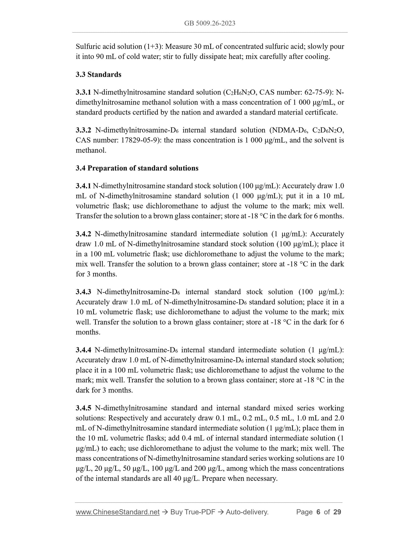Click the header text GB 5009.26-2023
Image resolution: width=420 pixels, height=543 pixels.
click(x=210, y=23)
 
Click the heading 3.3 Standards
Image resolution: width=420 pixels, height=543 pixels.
click(x=99, y=75)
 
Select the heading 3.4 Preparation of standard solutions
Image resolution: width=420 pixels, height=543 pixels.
click(x=137, y=168)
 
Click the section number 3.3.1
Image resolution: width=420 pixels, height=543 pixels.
click(x=83, y=92)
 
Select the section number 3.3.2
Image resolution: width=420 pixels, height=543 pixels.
click(x=83, y=130)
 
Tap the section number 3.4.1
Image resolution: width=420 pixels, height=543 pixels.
click(x=83, y=186)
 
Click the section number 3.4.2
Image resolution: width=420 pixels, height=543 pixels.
click(x=83, y=234)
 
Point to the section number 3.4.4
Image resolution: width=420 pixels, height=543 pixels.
click(x=83, y=350)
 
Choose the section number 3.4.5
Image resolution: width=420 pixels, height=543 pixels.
click(x=83, y=408)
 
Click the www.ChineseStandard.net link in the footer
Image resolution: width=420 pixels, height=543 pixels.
click(x=118, y=512)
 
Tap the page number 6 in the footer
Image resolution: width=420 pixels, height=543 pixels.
click(x=318, y=512)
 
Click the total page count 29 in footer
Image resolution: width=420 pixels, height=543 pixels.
click(x=337, y=512)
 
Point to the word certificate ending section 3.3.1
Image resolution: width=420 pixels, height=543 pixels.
click(x=322, y=112)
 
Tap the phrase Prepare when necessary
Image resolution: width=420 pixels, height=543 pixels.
click(x=240, y=478)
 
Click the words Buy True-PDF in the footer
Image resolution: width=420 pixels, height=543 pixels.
click(x=193, y=512)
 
